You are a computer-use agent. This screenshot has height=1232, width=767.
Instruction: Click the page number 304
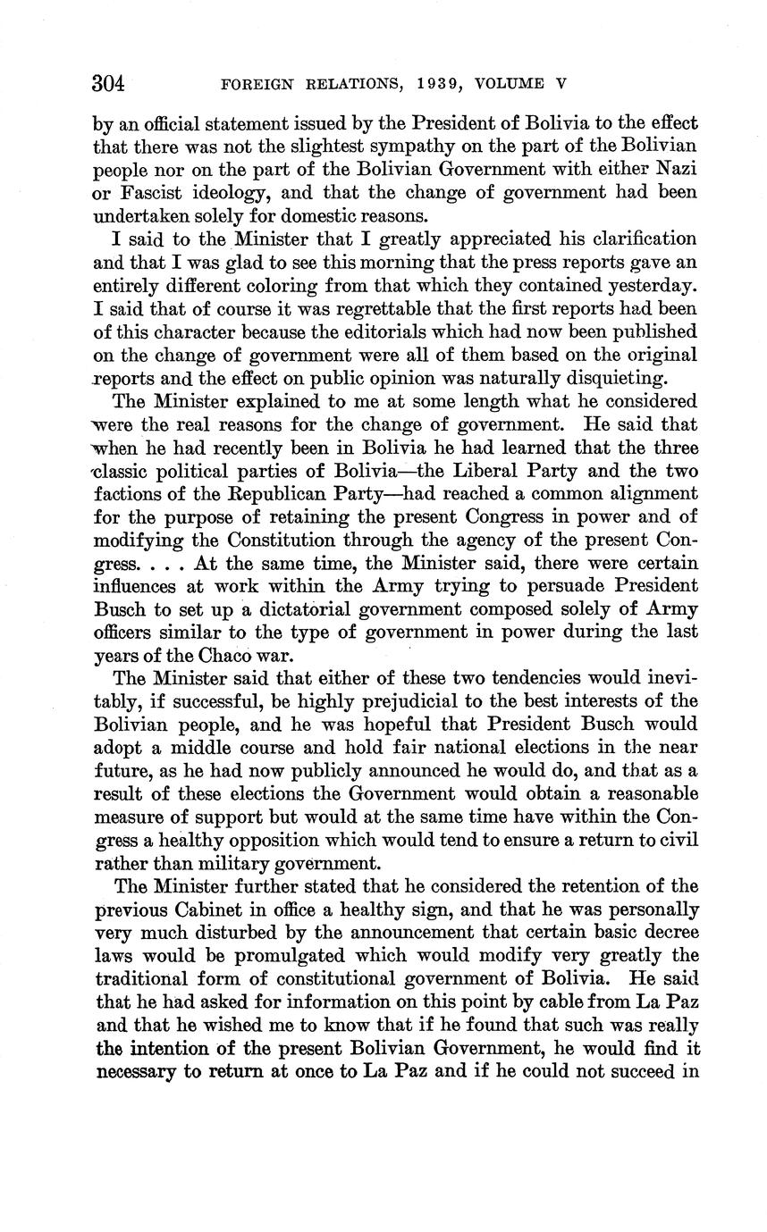tap(108, 84)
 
